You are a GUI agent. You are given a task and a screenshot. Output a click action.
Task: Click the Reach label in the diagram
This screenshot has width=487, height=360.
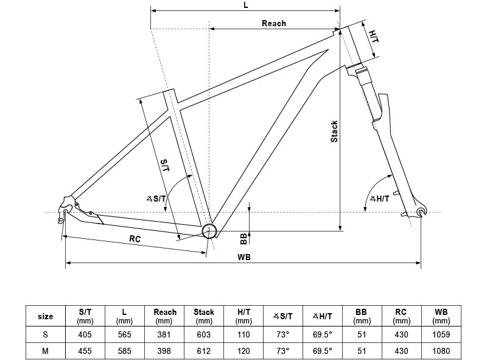point(273,23)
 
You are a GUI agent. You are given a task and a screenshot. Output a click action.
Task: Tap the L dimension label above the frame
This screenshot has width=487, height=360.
point(245,4)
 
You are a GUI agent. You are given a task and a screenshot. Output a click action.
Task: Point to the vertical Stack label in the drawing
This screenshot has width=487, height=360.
point(334,131)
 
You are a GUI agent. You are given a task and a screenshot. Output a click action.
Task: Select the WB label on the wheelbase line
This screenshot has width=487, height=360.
point(244,257)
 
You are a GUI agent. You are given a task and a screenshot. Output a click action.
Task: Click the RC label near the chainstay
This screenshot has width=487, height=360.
point(135,239)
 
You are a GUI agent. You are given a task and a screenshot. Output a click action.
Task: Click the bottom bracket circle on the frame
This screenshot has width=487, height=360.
point(209,231)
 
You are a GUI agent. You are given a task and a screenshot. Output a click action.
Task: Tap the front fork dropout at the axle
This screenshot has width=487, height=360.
point(421,211)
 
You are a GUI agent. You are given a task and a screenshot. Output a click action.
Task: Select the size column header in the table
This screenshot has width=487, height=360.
point(45,316)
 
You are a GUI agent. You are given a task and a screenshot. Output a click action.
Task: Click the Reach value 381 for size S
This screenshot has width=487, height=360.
point(164,334)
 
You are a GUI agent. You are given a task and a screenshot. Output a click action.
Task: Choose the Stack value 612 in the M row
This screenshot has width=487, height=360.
point(204,351)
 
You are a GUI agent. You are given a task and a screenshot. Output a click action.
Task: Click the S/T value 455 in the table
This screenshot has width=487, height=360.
point(85,351)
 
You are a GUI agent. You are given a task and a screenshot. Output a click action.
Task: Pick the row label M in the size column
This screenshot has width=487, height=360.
point(45,351)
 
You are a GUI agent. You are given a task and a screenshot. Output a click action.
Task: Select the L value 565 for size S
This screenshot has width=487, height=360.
point(124,334)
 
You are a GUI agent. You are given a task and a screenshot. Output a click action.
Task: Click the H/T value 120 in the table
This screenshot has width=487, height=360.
point(243,351)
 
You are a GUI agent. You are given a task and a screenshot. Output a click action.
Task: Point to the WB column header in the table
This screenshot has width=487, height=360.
point(441,316)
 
